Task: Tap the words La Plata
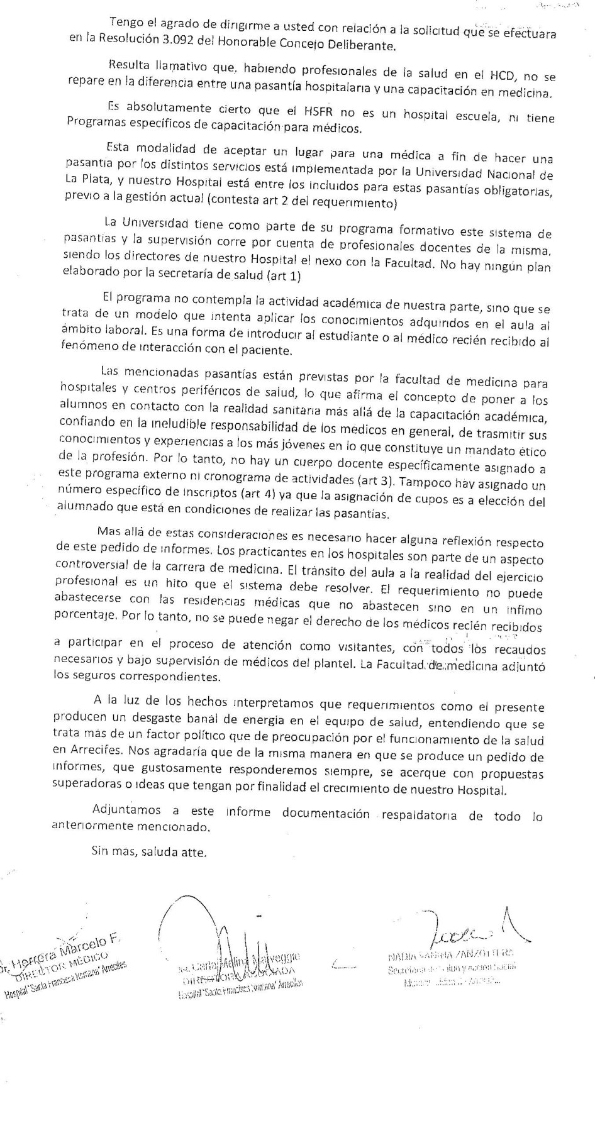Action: coord(86,178)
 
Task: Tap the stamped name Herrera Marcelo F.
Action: coord(63,948)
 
